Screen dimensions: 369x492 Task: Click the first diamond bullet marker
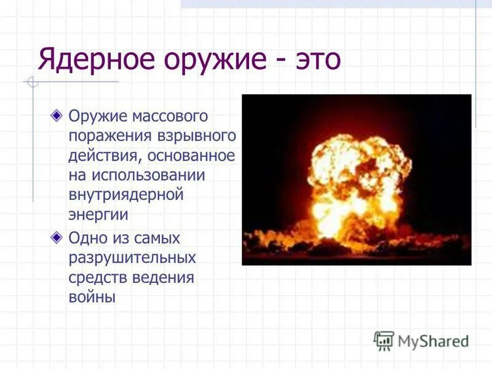tap(57, 115)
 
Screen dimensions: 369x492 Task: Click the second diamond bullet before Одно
tap(57, 237)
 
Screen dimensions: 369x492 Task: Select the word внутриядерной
tap(126, 195)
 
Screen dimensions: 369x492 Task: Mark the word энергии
tap(98, 215)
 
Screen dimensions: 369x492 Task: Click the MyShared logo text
tap(433, 341)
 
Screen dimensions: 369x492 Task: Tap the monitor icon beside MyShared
tap(383, 340)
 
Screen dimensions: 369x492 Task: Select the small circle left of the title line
tap(33, 82)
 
